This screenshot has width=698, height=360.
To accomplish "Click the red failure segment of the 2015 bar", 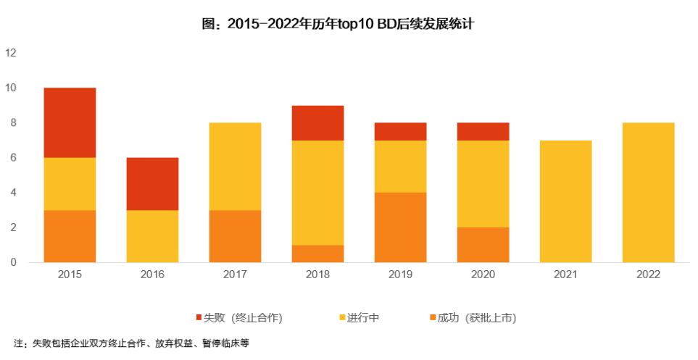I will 70,122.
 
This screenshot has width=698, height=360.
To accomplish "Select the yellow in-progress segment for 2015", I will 70,184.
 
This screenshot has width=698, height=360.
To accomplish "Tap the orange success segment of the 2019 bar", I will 400,227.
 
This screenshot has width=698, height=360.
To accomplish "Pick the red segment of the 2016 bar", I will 152,184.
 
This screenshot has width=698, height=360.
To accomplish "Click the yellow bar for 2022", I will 648,193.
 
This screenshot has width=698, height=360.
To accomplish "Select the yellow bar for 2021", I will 565,201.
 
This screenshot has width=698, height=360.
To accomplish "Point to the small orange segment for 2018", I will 317,254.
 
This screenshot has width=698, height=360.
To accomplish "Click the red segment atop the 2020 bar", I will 483,131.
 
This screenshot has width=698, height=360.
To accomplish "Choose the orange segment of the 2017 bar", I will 235,236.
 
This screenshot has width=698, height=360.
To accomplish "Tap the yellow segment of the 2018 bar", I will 317,193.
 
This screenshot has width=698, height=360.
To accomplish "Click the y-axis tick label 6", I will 12,158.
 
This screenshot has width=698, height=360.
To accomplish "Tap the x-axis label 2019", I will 400,275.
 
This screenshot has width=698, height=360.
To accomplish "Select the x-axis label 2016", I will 152,275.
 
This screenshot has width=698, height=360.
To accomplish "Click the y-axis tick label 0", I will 12,262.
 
